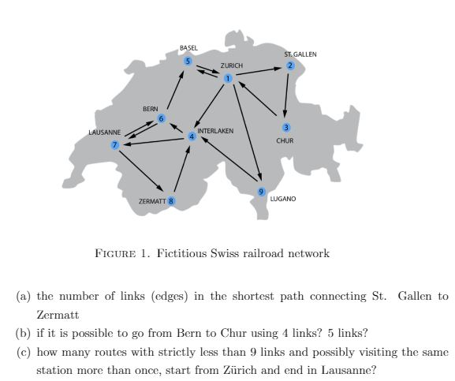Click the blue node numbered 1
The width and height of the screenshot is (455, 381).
point(228,78)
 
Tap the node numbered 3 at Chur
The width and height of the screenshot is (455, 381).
point(285,128)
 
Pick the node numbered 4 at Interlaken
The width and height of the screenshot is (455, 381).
point(191,136)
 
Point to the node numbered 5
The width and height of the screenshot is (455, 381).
point(188,61)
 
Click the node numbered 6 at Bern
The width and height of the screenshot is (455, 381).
point(162,119)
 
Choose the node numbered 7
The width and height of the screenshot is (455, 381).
point(116,144)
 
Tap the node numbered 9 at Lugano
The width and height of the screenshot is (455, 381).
point(262,191)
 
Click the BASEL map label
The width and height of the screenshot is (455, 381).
point(188,48)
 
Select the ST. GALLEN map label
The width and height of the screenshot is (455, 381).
point(300,54)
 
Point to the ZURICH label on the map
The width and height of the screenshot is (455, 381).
point(232,65)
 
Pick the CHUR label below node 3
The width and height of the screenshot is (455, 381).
point(285,141)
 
